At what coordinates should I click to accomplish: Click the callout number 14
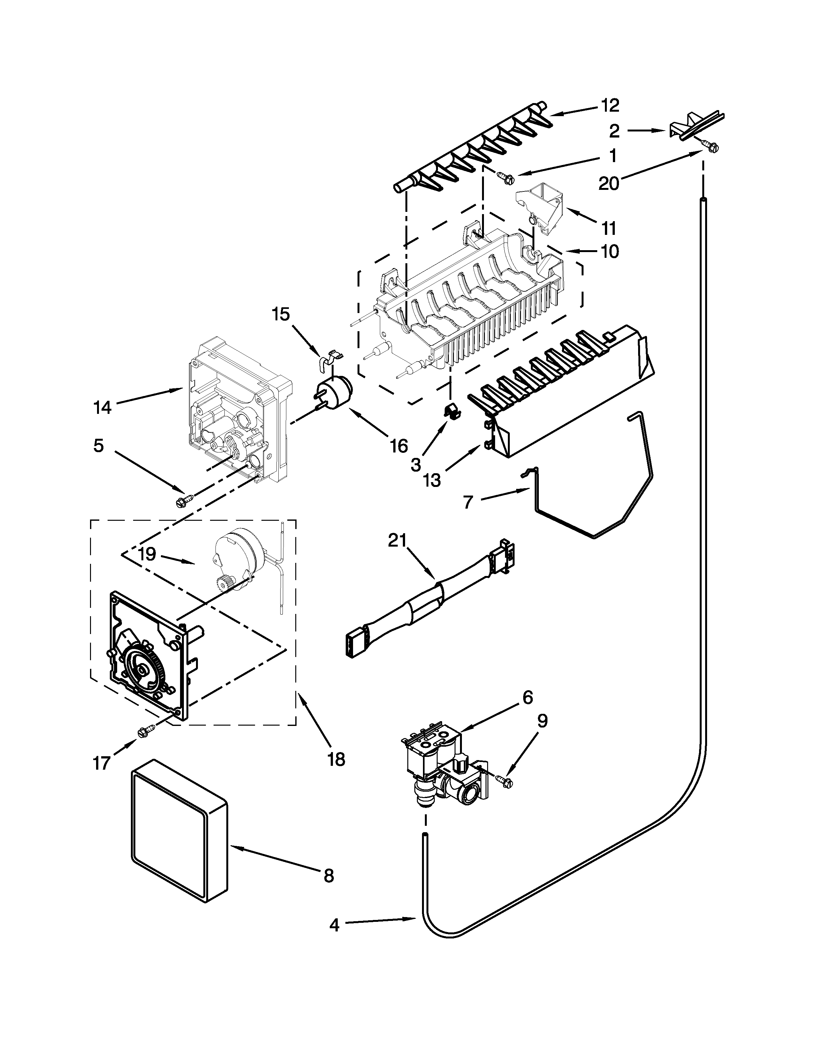pos(102,407)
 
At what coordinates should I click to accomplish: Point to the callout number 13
pos(433,480)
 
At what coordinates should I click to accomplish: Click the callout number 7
pos(468,502)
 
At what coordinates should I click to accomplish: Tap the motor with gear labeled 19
pos(236,559)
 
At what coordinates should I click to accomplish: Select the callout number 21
pos(398,541)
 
